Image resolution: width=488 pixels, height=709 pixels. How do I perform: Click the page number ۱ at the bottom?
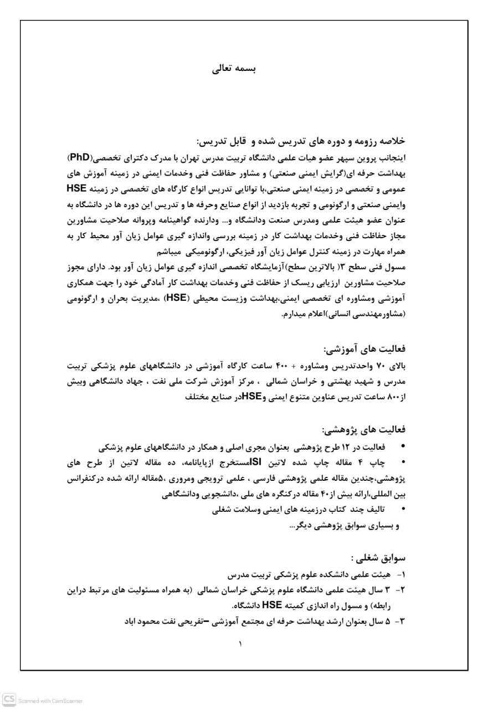click(240, 644)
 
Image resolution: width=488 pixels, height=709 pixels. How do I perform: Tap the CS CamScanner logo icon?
click(9, 700)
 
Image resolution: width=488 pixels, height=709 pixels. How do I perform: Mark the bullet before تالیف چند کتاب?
click(403, 508)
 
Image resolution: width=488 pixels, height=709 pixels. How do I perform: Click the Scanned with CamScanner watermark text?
click(50, 701)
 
